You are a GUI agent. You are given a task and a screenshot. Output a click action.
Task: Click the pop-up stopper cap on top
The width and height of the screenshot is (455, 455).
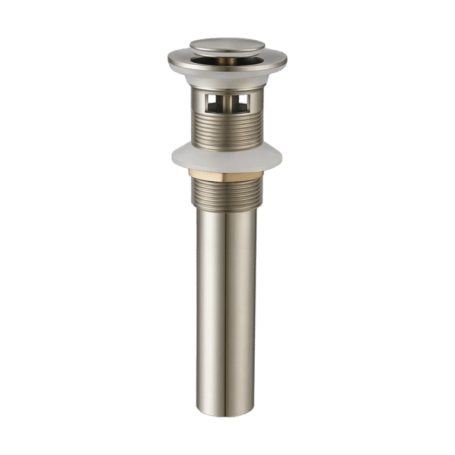click(x=227, y=46)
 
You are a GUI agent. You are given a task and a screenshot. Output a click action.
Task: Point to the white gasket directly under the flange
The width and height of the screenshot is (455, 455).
click(x=227, y=78)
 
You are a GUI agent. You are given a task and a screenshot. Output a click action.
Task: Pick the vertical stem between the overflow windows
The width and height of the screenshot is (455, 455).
click(x=227, y=102)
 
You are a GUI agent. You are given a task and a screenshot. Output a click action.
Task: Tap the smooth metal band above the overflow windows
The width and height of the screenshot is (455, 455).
click(x=227, y=89)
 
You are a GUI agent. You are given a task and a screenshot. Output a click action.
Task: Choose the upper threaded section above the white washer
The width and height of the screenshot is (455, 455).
click(x=227, y=130)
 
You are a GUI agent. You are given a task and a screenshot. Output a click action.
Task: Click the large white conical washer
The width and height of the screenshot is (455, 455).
click(x=227, y=158)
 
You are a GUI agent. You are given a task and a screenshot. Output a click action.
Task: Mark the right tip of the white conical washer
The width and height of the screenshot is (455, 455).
click(x=281, y=157)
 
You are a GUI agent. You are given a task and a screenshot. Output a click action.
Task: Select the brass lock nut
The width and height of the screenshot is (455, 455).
click(x=227, y=175)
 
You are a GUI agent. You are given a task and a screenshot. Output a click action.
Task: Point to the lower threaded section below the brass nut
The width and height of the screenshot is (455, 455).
click(x=227, y=194)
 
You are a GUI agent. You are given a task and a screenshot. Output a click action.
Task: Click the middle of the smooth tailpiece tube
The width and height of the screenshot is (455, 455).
click(x=227, y=308)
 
